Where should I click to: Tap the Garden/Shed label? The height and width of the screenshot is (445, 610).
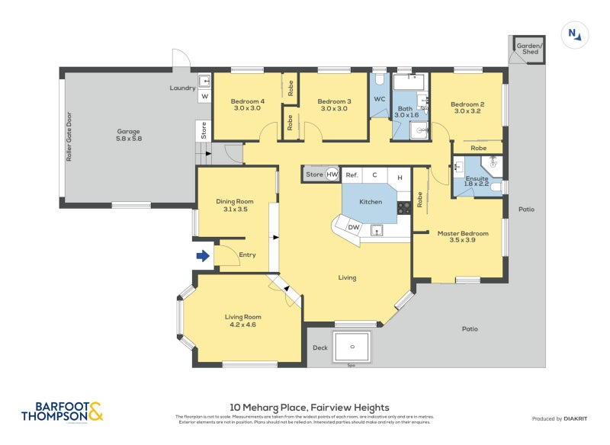pyautogui.click(x=528, y=48)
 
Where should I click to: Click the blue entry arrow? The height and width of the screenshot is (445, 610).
pyautogui.click(x=203, y=256)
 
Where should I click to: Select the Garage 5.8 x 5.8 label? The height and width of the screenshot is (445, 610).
pyautogui.click(x=129, y=134)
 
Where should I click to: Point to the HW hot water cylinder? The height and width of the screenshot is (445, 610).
pyautogui.click(x=332, y=174)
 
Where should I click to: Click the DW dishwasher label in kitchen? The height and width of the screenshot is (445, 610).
pyautogui.click(x=353, y=227)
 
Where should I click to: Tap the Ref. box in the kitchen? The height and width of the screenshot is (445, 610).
pyautogui.click(x=352, y=175)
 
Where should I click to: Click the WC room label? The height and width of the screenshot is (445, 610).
pyautogui.click(x=379, y=99)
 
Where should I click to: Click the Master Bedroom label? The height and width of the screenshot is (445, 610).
pyautogui.click(x=462, y=237)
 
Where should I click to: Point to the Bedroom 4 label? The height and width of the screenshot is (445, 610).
pyautogui.click(x=247, y=105)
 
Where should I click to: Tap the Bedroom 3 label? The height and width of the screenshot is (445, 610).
pyautogui.click(x=334, y=105)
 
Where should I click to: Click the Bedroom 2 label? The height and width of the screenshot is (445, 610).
pyautogui.click(x=467, y=107)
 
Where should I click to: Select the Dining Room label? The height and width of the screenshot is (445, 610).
pyautogui.click(x=234, y=205)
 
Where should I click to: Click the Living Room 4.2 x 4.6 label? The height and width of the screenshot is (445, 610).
pyautogui.click(x=242, y=321)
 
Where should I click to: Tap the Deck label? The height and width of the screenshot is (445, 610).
pyautogui.click(x=320, y=348)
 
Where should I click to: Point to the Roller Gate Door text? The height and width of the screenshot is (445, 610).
pyautogui.click(x=69, y=136)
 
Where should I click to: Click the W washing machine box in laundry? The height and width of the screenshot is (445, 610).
pyautogui.click(x=204, y=96)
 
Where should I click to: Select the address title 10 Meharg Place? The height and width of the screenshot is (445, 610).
pyautogui.click(x=309, y=408)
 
